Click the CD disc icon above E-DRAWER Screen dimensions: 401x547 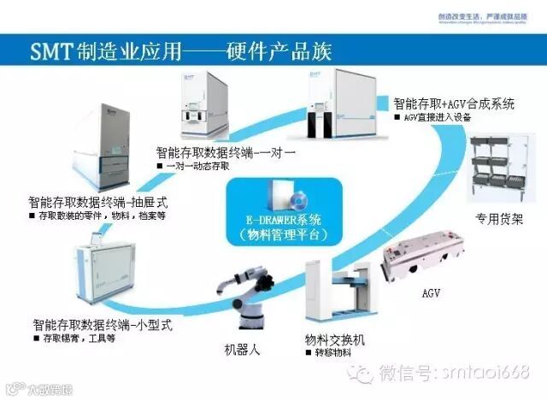click(x=272, y=198)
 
